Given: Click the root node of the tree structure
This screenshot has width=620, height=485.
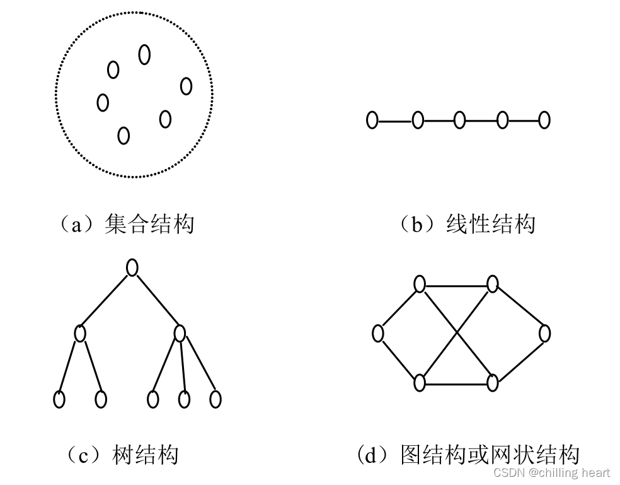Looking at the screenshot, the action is pos(132,267).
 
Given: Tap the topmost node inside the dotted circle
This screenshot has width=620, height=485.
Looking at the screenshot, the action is pos(144,55).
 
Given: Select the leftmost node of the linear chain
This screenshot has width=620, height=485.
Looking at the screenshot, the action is pos(372,120).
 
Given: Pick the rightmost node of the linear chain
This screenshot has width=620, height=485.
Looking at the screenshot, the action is pos(544,120).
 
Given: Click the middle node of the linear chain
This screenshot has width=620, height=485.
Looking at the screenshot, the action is pos(459,120).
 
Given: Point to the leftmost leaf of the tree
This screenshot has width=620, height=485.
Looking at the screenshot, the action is pos(59,399).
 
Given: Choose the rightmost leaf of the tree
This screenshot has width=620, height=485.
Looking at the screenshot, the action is pos(215,399).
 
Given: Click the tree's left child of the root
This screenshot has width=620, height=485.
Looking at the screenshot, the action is pos(80,332).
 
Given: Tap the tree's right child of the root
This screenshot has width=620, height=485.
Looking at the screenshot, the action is pos(180,332).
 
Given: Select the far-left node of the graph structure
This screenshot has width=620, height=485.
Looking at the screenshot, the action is pos(378,333).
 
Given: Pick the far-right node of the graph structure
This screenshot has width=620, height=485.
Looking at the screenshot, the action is pos(544,333).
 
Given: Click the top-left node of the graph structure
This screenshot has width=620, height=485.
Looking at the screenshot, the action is pos(420,284).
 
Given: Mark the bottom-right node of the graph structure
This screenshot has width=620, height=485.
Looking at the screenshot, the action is pos(493,382).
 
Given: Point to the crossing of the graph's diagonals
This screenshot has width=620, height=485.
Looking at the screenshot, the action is pos(456,333).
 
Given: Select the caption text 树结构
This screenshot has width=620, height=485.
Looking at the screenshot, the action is pos(145,455).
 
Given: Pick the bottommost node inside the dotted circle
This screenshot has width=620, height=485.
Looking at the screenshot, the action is pos(123,135).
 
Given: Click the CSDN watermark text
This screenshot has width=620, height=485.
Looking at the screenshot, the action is pos(551,472).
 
